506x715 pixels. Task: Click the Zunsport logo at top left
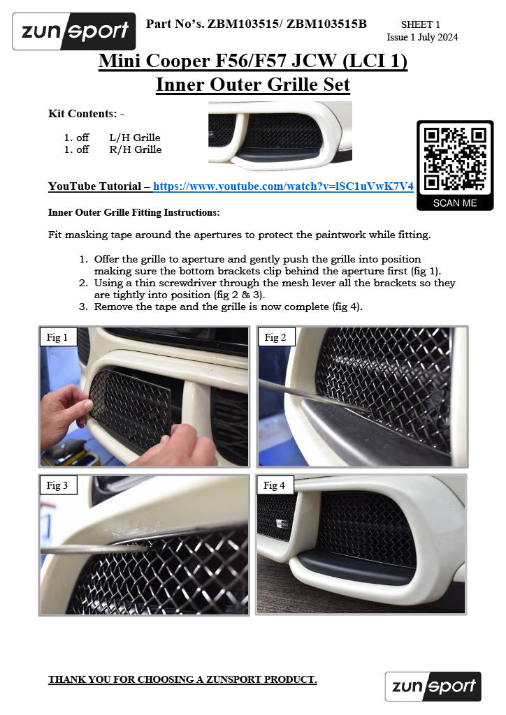(x=74, y=31)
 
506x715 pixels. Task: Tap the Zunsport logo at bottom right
(x=433, y=686)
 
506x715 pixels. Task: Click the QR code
(x=455, y=159)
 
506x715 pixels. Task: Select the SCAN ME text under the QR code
(x=455, y=202)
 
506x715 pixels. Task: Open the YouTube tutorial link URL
(x=283, y=186)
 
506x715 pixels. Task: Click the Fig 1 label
(x=57, y=337)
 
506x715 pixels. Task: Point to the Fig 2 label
(x=275, y=337)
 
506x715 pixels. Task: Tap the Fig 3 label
(x=57, y=485)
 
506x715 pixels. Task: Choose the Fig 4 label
(x=275, y=485)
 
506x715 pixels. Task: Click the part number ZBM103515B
(x=327, y=24)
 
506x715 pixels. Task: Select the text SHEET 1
(x=420, y=24)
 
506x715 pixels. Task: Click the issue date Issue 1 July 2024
(x=422, y=37)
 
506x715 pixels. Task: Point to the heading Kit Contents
(x=86, y=113)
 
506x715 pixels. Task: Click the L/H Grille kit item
(x=135, y=138)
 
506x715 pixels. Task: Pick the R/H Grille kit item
(x=135, y=149)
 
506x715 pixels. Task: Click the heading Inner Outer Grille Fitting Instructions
(x=133, y=212)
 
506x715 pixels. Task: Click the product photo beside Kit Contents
(x=280, y=136)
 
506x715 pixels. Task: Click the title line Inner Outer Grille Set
(x=252, y=85)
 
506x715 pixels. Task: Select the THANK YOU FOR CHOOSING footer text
(x=182, y=679)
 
